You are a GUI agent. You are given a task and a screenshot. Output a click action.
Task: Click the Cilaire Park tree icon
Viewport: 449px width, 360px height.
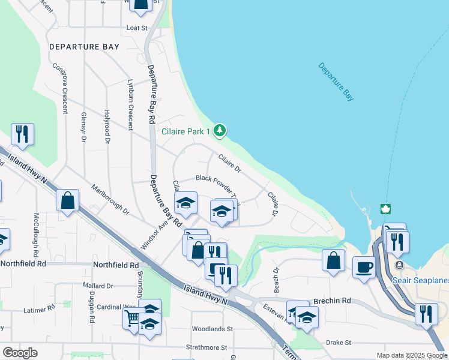[x=220, y=130]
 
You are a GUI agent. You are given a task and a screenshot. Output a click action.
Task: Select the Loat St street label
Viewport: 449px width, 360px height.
[x=137, y=28]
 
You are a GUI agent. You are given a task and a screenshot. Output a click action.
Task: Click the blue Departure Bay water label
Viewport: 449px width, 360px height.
[x=336, y=82]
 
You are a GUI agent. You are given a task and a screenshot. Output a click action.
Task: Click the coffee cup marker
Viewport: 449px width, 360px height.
[x=364, y=266]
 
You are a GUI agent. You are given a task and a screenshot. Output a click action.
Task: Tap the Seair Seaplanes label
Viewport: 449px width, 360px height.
[x=420, y=280]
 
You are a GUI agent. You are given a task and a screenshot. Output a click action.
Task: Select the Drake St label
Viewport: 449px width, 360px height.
[x=339, y=342]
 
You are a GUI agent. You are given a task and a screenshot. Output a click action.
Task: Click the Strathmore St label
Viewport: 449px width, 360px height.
[x=206, y=347]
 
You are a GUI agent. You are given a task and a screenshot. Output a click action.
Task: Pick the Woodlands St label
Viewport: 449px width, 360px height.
[x=212, y=329]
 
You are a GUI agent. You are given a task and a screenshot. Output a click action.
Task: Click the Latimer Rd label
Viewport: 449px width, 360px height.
[x=39, y=310]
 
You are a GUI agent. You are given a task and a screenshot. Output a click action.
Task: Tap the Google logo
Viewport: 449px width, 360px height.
[x=20, y=353]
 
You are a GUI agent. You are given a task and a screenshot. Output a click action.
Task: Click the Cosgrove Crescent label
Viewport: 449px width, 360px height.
[x=63, y=88]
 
